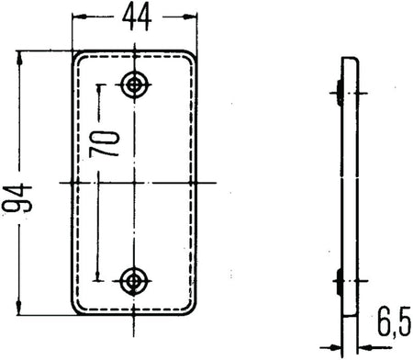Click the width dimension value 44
coord(136,16)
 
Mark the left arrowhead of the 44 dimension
coord(76,17)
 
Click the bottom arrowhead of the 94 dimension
coord(18,309)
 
